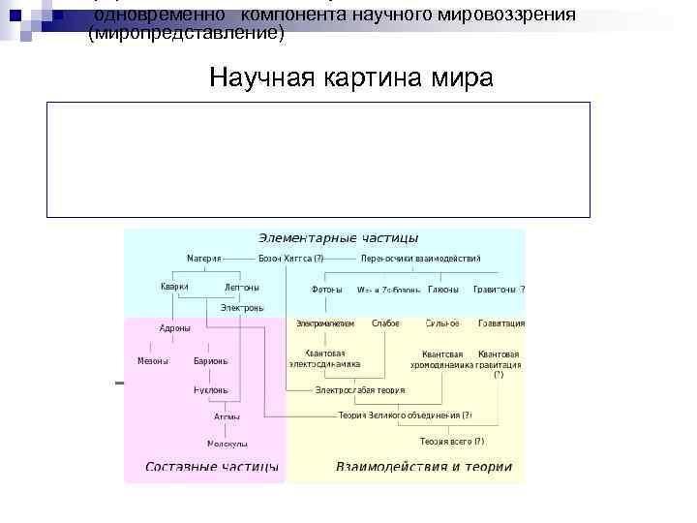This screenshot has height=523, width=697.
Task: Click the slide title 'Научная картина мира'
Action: (x=350, y=77)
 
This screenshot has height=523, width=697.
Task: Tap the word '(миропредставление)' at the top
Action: (x=187, y=34)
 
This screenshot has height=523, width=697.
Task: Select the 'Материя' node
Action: (x=203, y=259)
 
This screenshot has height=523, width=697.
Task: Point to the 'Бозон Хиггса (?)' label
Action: (x=291, y=259)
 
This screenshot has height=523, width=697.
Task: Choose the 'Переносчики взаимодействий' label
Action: (x=420, y=259)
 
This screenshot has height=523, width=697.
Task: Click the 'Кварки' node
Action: (x=174, y=287)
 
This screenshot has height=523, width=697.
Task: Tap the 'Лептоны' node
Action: (x=241, y=288)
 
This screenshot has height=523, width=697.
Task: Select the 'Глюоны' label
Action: (x=443, y=289)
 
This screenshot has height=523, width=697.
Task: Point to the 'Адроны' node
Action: (x=174, y=328)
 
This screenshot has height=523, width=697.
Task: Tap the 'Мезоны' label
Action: (x=153, y=361)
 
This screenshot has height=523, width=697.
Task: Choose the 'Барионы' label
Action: (x=211, y=361)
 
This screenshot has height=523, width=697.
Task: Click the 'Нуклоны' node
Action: (x=211, y=390)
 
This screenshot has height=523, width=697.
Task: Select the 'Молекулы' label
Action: (x=227, y=444)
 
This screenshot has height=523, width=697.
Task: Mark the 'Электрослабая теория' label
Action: (x=360, y=390)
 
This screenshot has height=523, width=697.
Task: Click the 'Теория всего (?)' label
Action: (x=452, y=442)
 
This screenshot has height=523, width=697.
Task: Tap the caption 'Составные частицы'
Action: (x=211, y=467)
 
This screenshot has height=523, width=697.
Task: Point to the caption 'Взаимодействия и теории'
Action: (x=424, y=467)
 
